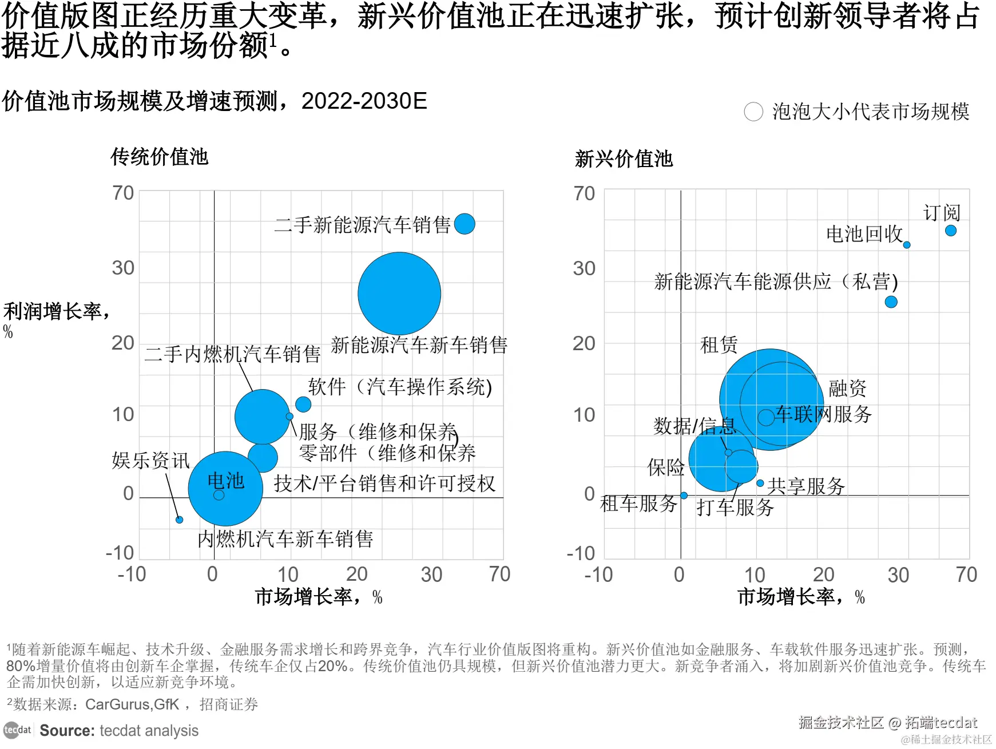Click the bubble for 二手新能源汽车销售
coord(465,224)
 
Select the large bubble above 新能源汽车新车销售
coord(399,294)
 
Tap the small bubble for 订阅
coord(951,231)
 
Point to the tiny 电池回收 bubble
coord(907,245)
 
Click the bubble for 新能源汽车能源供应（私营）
coord(891,302)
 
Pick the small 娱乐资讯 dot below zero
coord(179,520)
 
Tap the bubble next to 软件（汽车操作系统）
coord(303,404)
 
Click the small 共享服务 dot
coord(760,484)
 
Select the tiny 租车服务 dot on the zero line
coord(684,496)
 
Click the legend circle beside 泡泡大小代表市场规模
coord(753,112)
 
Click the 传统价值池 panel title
coord(160,157)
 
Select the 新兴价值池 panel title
coord(624,159)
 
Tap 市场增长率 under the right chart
coord(790,597)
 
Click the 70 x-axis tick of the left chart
coord(499,574)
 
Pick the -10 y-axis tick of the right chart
coord(581,553)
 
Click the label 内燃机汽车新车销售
coord(285,539)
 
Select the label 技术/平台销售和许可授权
coord(384,484)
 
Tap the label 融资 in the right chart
coord(847,389)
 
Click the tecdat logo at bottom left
coord(17,730)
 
